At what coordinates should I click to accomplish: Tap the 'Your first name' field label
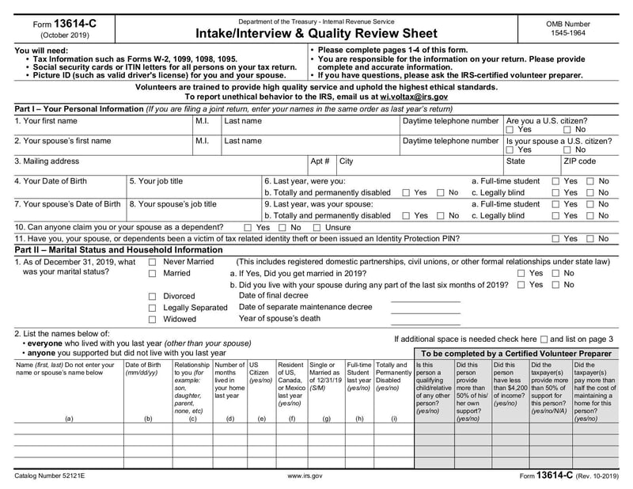pos(46,121)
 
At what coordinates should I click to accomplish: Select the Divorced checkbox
pos(152,297)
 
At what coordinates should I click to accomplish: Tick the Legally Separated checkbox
pos(152,308)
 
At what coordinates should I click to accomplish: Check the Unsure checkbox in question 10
pos(316,227)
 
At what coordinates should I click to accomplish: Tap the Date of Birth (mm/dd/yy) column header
pos(143,369)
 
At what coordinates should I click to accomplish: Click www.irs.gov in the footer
pos(305,476)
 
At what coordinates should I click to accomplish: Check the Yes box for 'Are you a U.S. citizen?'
pos(510,130)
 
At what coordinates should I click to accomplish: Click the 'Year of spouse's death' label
pos(280,319)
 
